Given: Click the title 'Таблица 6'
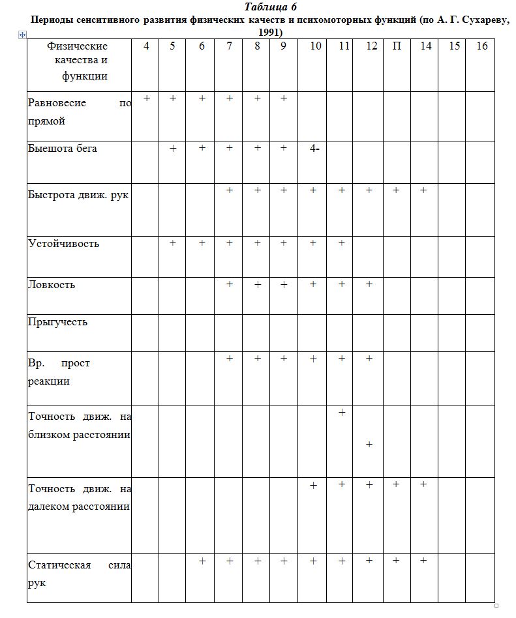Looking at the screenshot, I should pos(270,7).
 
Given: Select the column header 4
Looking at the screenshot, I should pos(146,46).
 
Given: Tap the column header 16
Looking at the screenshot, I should pos(482,46).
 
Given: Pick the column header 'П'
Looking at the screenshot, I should pos(397,46).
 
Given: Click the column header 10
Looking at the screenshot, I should pos(315,46).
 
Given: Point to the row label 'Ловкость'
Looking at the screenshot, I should pos(52,285).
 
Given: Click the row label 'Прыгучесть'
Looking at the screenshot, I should pos(57,322).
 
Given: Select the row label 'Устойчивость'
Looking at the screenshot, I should pos(63,244).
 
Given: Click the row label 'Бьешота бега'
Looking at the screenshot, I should pos(63,149).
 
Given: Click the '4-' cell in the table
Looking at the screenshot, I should pos(314,149).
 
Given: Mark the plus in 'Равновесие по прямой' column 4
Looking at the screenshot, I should pos(147,98).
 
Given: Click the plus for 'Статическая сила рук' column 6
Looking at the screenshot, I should pos(202,561).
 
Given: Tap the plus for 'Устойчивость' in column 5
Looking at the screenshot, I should pos(173,243).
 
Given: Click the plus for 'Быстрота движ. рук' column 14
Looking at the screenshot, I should pos(423,190).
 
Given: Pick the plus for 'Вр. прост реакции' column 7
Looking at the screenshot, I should pos(230,358).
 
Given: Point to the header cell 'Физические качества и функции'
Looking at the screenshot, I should pos(78,61).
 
